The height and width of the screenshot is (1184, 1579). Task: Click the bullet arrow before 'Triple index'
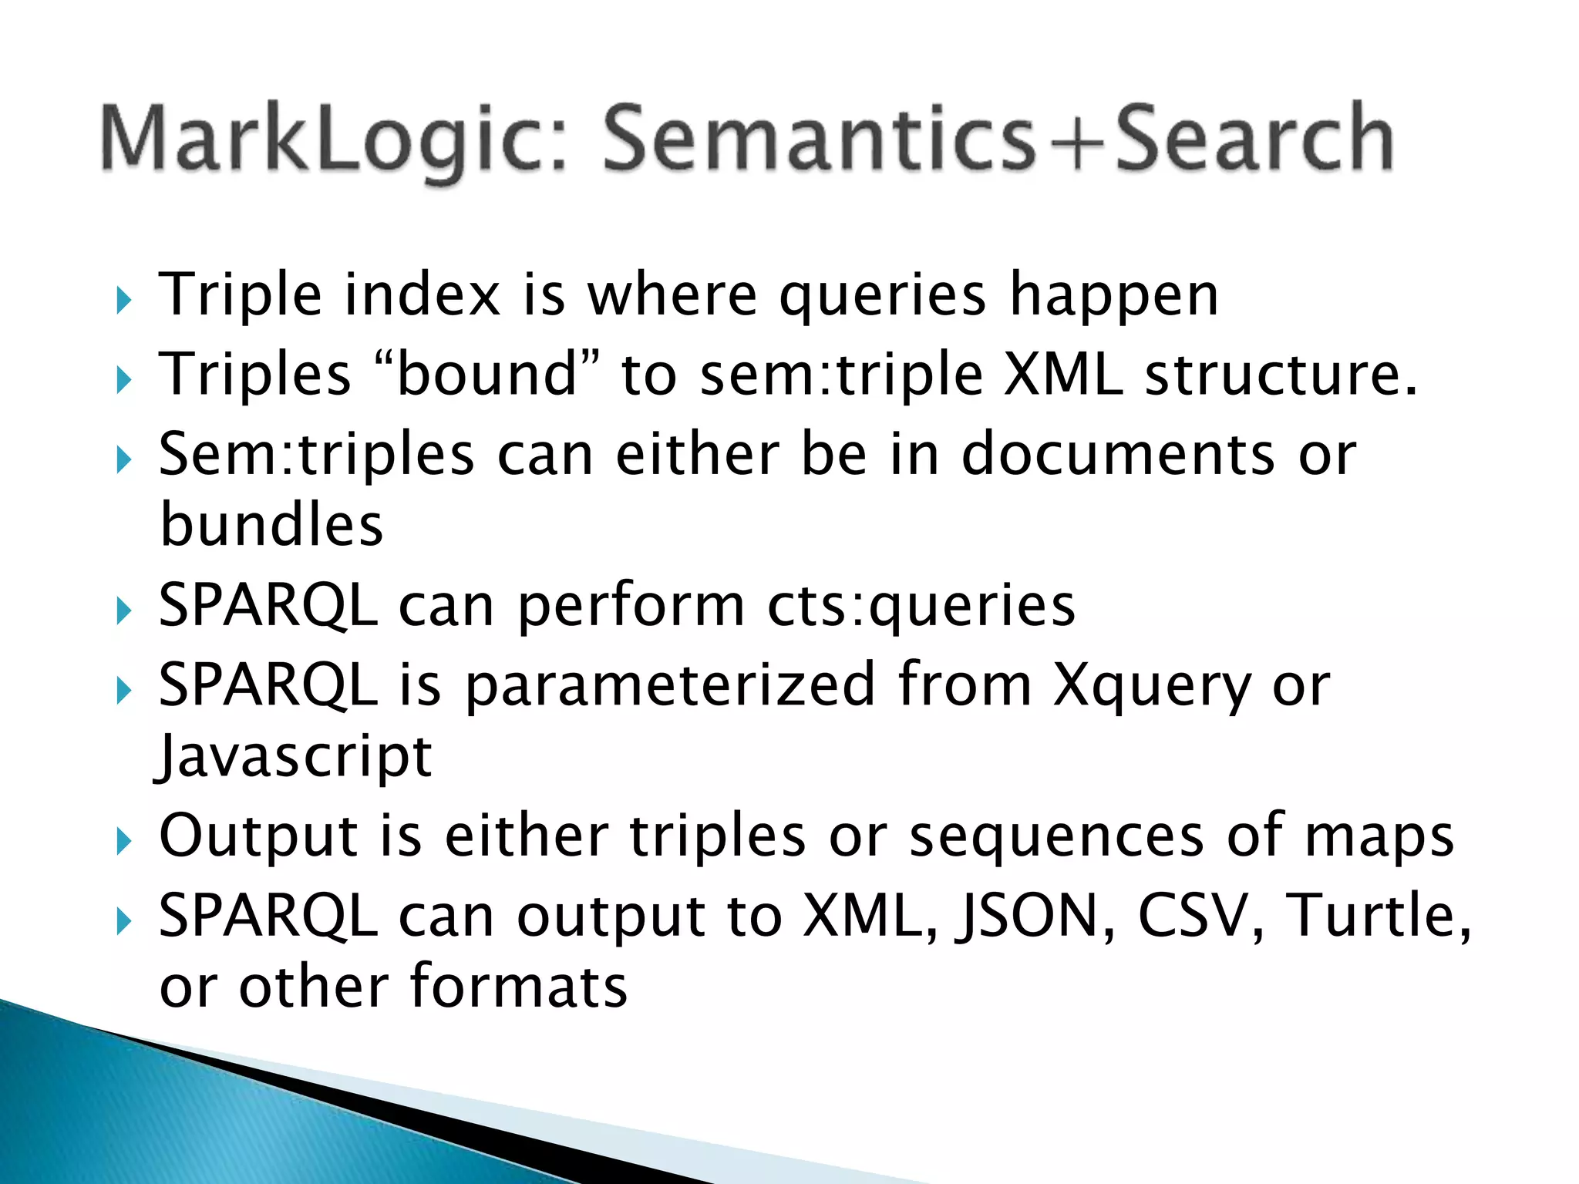tap(123, 300)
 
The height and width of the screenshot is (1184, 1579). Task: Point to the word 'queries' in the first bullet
tap(882, 297)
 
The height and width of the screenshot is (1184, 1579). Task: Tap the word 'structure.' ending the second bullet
tap(1281, 375)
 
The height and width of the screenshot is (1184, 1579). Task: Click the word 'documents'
tap(1118, 455)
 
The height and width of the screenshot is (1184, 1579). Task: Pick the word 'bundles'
tap(271, 525)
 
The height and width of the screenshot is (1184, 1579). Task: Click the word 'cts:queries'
tap(921, 606)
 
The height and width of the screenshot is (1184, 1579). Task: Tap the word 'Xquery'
tap(1152, 686)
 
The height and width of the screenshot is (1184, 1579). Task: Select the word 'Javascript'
tap(295, 757)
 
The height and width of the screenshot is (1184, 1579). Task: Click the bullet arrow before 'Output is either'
tap(123, 841)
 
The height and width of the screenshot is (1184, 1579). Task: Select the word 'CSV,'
tap(1200, 917)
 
